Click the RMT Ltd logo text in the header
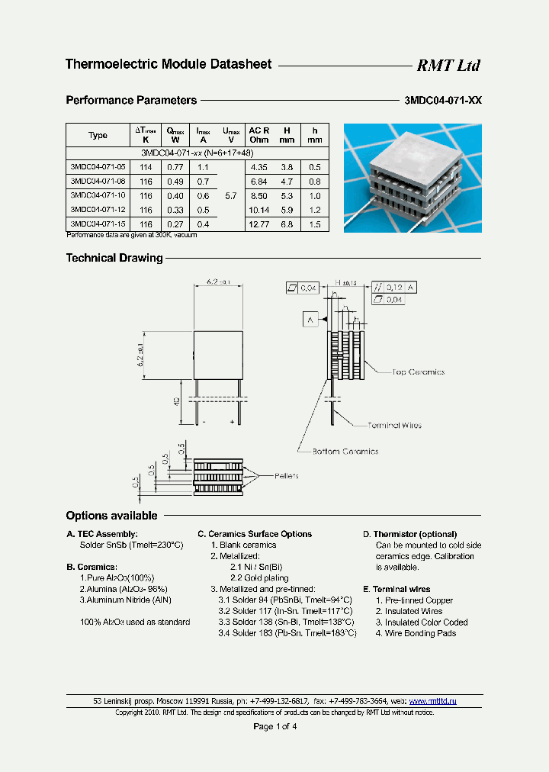(448, 66)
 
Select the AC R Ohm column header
(259, 135)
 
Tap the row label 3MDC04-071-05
(98, 166)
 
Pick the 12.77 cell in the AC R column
(259, 224)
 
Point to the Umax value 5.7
(231, 195)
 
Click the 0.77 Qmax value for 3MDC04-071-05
(176, 166)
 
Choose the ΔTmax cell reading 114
(146, 166)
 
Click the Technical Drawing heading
(114, 258)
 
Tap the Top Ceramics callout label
(418, 372)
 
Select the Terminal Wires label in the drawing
(394, 425)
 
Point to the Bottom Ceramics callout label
(345, 452)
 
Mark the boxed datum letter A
(310, 319)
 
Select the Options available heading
(111, 516)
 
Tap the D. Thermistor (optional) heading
(409, 534)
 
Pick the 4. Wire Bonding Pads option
(416, 633)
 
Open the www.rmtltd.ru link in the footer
(433, 700)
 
